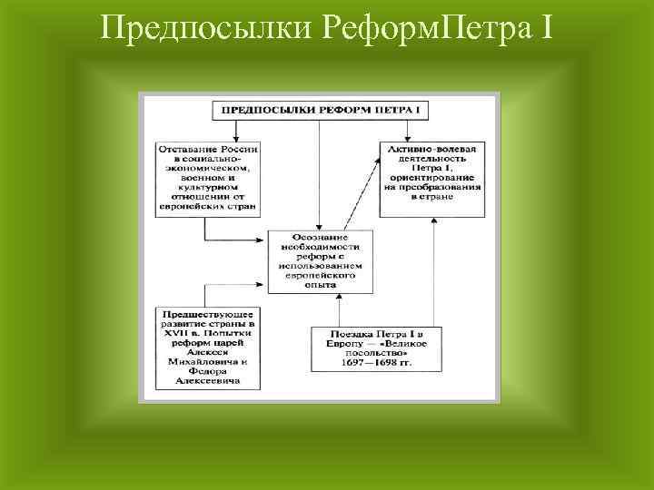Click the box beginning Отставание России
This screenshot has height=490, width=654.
[208, 177]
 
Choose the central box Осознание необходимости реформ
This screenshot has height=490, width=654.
[320, 260]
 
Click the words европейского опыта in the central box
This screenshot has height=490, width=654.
[320, 279]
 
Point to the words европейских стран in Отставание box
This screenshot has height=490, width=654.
[208, 207]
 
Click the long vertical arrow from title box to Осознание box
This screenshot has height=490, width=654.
[320, 172]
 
